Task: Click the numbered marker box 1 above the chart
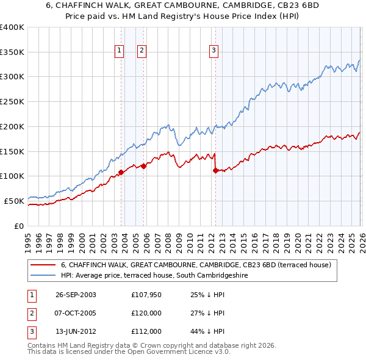(x=118, y=51)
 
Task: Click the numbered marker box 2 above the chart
(x=141, y=51)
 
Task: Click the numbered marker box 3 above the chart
(x=214, y=51)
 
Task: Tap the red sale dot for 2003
(x=121, y=172)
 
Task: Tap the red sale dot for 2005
(x=143, y=166)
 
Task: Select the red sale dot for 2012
(x=215, y=170)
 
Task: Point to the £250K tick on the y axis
(x=12, y=102)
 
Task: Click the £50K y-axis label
(x=14, y=201)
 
